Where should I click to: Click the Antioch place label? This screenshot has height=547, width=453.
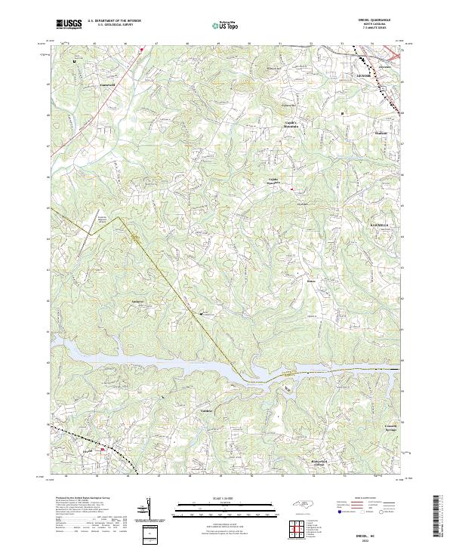(x=137, y=301)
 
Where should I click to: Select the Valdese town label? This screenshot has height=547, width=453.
(x=208, y=410)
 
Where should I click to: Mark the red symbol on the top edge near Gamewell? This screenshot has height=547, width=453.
(x=141, y=50)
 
